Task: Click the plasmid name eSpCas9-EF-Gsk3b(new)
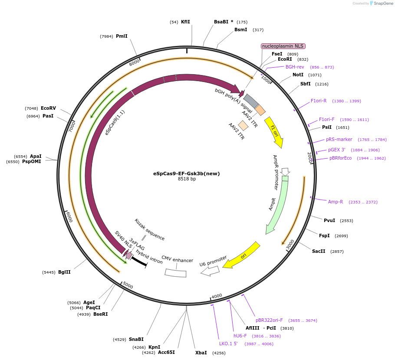tap(186, 173)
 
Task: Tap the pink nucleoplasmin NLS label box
tap(283, 46)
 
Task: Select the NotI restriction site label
tap(298, 75)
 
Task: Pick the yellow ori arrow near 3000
tap(244, 255)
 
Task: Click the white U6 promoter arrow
tap(210, 271)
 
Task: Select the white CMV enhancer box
tap(175, 273)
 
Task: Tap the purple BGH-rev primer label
tap(295, 67)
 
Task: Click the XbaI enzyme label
tap(201, 353)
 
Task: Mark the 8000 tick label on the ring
tap(134, 62)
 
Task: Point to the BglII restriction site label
tap(64, 272)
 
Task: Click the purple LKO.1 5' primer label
tap(228, 344)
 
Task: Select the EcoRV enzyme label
tap(48, 108)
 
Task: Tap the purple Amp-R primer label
tap(336, 202)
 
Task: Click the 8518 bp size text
tap(187, 179)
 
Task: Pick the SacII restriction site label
tap(319, 251)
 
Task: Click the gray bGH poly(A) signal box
tap(251, 101)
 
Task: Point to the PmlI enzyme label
tap(122, 36)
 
